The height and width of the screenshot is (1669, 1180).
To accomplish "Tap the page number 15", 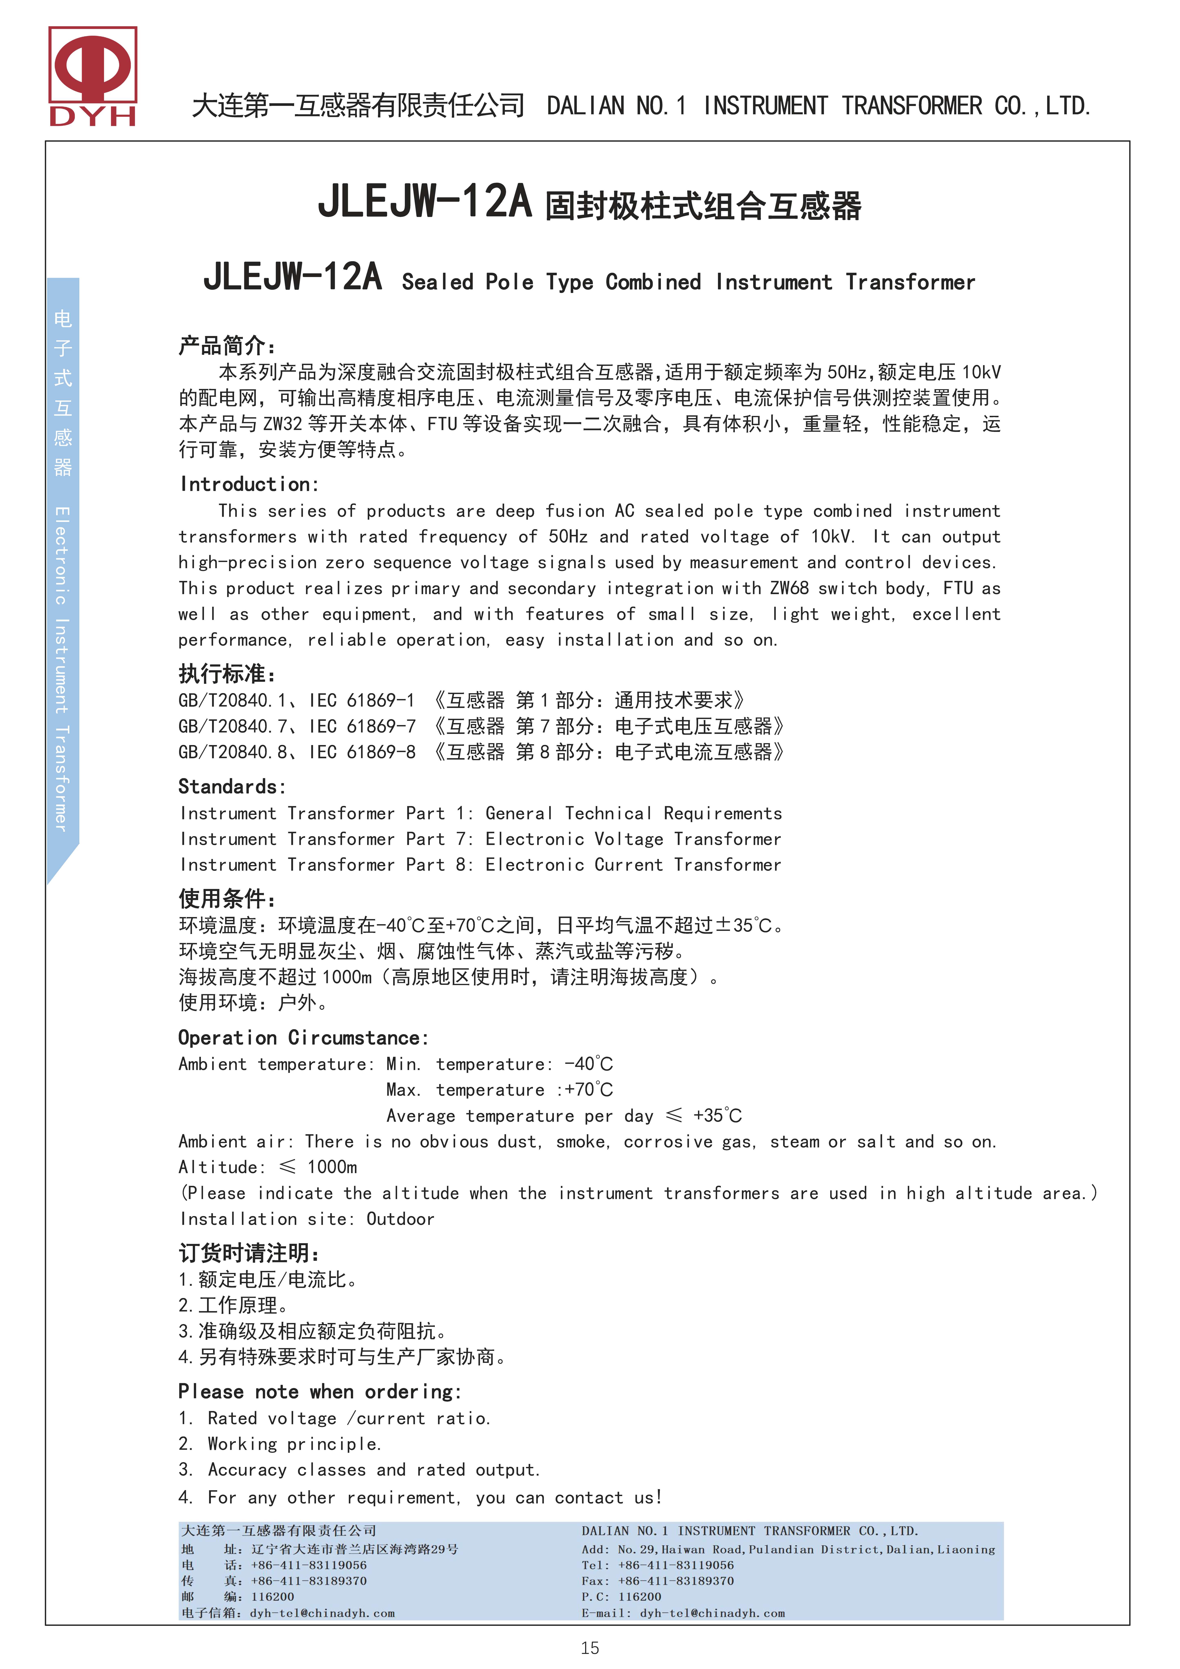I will (590, 1648).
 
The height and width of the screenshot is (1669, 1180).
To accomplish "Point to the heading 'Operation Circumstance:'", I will (303, 1037).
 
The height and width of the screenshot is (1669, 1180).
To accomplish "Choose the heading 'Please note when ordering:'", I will (320, 1391).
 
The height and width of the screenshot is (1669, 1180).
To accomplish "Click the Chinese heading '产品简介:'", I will (227, 345).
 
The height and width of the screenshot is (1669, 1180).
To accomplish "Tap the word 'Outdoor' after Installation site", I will (400, 1219).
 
